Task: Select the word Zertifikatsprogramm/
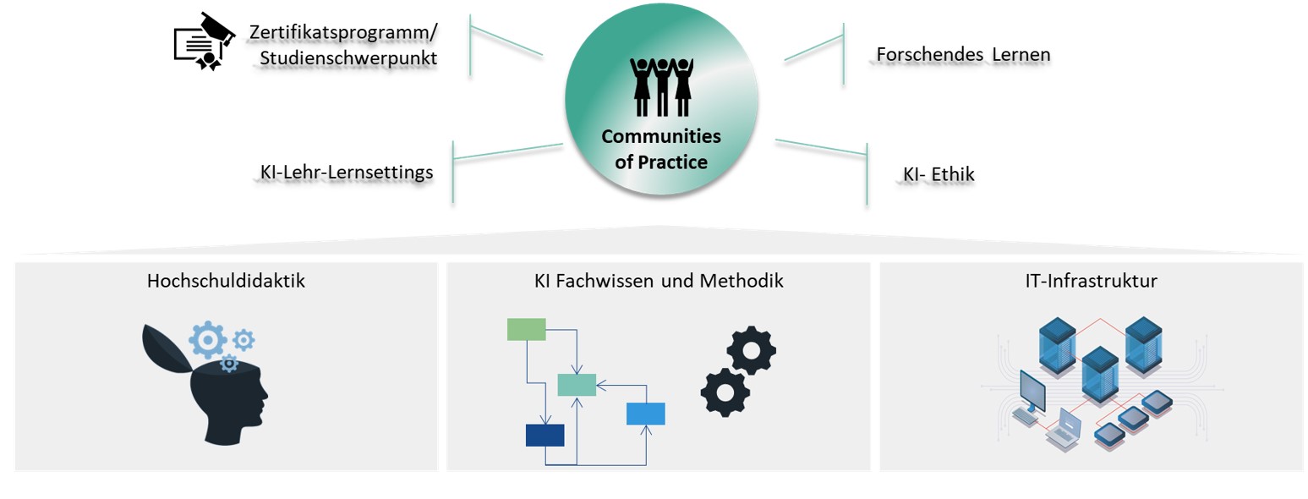[x=343, y=32]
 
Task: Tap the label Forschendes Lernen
[x=963, y=55]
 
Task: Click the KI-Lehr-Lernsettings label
[x=347, y=173]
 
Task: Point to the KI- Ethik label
[x=939, y=175]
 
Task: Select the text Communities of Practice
[x=661, y=149]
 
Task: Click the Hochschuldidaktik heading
[x=226, y=281]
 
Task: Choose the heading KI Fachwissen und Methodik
[x=659, y=281]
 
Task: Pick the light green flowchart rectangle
[x=526, y=329]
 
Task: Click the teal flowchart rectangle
[x=577, y=385]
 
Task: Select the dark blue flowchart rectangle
[x=545, y=435]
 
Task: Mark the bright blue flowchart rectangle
[x=645, y=414]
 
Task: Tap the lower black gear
[x=725, y=392]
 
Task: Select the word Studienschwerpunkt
[x=348, y=58]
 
